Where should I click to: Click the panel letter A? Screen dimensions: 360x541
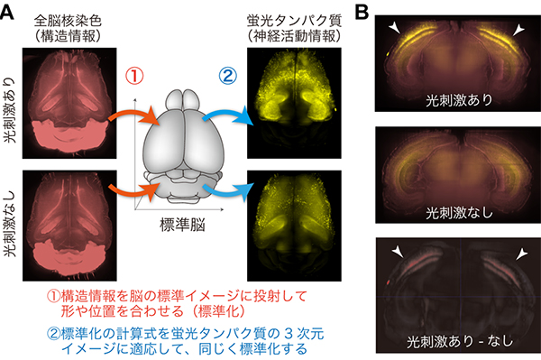[8, 12]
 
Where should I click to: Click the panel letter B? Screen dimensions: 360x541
[360, 12]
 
